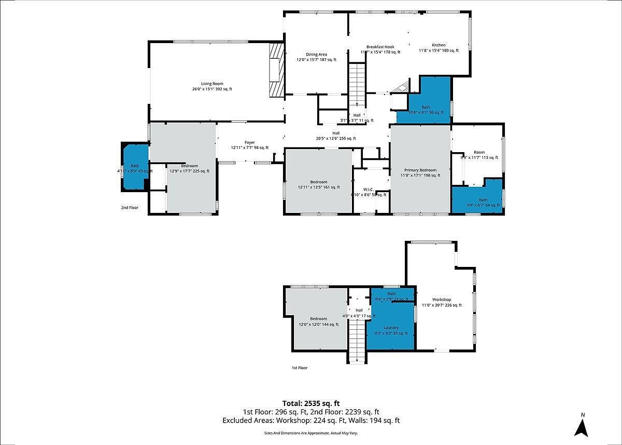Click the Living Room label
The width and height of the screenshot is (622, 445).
tap(212, 84)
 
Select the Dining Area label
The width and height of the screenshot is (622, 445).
tap(316, 55)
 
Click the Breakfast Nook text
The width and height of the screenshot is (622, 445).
tap(380, 47)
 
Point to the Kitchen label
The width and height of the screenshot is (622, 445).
tap(439, 45)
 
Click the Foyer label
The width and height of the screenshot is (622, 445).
tap(250, 143)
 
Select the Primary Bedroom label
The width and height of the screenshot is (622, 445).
tap(420, 170)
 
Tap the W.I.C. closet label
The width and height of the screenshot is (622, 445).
tap(369, 190)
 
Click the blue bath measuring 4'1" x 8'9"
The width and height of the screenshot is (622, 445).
tap(135, 167)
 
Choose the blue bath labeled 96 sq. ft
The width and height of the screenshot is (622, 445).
tap(426, 107)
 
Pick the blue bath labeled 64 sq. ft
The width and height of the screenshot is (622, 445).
tap(483, 200)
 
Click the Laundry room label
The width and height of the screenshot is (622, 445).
tap(391, 328)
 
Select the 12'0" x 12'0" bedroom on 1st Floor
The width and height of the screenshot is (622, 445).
tap(318, 319)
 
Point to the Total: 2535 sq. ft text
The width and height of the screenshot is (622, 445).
tap(311, 403)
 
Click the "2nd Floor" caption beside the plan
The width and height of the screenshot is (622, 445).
tap(130, 208)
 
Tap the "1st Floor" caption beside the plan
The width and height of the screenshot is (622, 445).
tap(299, 368)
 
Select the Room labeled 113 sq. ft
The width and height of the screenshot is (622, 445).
tap(479, 153)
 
